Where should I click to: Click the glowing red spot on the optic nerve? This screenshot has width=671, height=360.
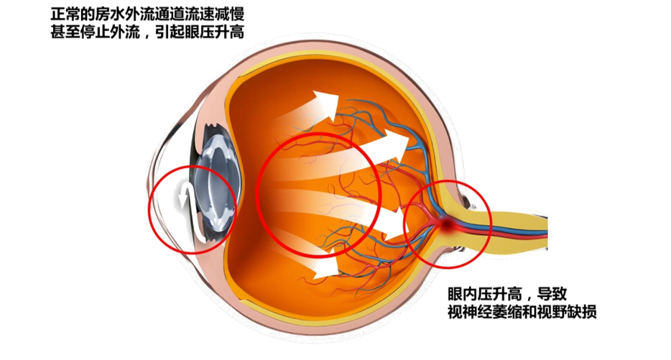point(447,226)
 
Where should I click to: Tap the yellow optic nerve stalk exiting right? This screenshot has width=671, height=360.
point(524,223)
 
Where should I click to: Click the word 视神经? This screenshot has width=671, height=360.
point(468,312)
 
